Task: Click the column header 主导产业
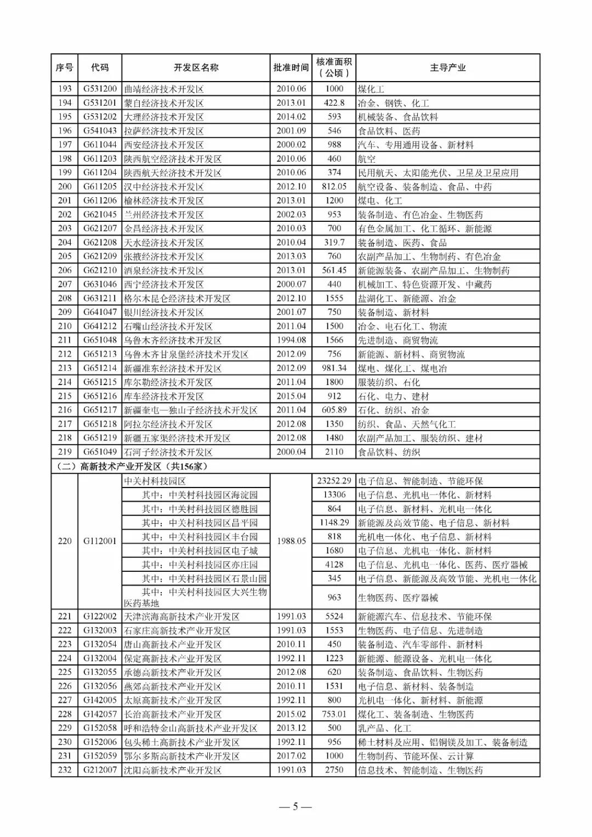447,68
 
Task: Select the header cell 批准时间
291,68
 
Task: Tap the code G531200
100,89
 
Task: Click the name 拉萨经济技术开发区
164,131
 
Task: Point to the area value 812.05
334,187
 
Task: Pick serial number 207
65,284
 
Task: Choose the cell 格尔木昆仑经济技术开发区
177,299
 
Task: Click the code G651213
100,354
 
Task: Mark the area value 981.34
334,368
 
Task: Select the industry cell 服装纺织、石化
389,382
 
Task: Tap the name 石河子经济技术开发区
168,452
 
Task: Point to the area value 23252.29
334,481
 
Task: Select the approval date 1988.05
291,541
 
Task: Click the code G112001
100,541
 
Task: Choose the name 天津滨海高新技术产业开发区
181,617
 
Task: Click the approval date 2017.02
291,756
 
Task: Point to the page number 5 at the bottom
295,806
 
